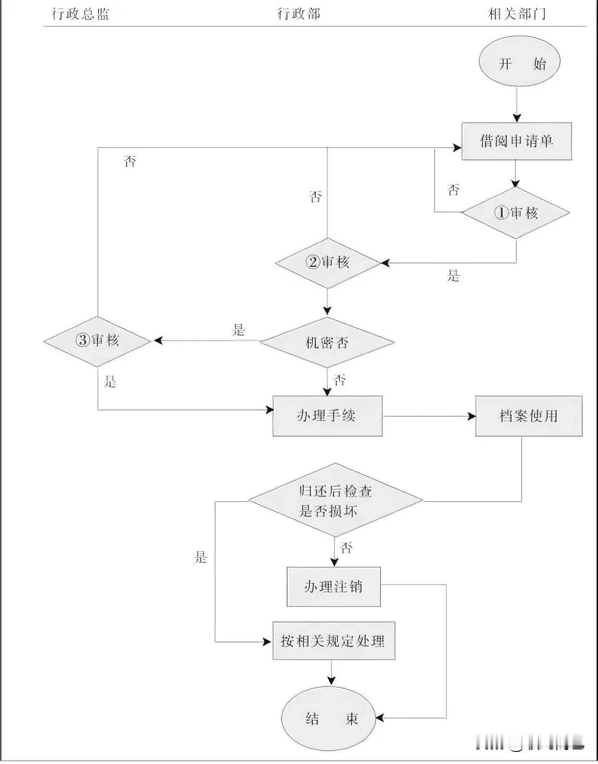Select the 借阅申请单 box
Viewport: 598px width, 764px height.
click(x=517, y=141)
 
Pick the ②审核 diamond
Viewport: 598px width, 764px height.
click(x=327, y=263)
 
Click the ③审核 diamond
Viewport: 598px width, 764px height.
click(x=98, y=341)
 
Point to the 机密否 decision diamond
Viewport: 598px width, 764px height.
click(x=327, y=343)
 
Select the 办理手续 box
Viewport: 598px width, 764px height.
click(x=327, y=416)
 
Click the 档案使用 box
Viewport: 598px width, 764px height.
click(x=529, y=416)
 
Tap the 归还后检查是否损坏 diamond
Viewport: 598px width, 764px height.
click(x=336, y=500)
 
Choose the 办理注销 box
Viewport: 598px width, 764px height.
click(x=334, y=586)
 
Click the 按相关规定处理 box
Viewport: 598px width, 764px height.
click(x=334, y=641)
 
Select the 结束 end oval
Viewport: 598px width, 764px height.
click(x=329, y=719)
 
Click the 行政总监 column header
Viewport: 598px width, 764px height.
click(x=81, y=13)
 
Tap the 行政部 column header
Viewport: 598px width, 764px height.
click(x=299, y=13)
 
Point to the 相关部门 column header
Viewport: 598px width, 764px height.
click(x=517, y=13)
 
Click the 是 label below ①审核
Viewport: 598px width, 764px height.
click(x=454, y=276)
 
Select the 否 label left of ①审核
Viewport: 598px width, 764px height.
click(x=454, y=190)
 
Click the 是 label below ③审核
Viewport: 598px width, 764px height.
click(x=111, y=382)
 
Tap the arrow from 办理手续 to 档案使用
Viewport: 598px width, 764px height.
click(x=429, y=416)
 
